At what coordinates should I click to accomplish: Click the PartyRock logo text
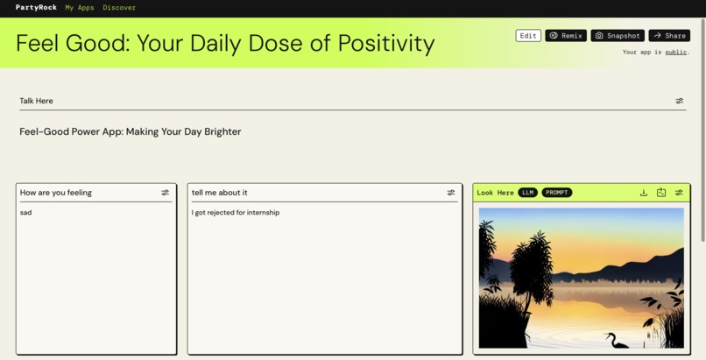[x=36, y=7]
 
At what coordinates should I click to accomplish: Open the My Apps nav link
[x=80, y=7]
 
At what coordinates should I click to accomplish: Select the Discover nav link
[x=119, y=7]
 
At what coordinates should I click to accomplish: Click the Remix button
[x=566, y=36]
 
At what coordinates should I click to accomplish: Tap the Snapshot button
[x=618, y=36]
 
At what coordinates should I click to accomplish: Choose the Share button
[x=669, y=36]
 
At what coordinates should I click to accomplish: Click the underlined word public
[x=675, y=53]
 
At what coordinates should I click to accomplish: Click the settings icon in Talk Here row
[x=680, y=101]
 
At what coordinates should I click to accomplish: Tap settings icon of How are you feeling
[x=166, y=193]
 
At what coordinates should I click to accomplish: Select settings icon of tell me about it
[x=451, y=193]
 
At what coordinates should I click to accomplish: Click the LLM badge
[x=527, y=193]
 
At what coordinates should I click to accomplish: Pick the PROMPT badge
[x=556, y=193]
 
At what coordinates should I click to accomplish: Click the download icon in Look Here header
[x=644, y=193]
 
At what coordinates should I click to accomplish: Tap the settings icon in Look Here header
[x=679, y=193]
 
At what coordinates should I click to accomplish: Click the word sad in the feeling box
[x=25, y=213]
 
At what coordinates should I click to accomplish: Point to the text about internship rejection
[x=236, y=213]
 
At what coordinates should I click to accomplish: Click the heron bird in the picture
[x=617, y=340]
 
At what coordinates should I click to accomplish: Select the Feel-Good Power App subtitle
[x=130, y=131]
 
